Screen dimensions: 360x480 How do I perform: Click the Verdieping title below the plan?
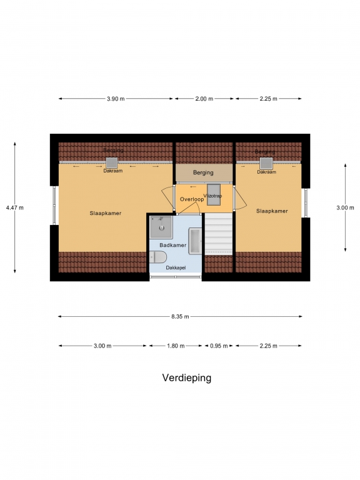tap(186, 377)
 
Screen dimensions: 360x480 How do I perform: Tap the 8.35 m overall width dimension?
tap(180, 316)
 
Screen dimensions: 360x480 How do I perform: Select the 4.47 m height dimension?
tap(15, 207)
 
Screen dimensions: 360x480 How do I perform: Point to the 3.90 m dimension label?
tap(116, 99)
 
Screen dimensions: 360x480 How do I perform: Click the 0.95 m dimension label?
tap(219, 346)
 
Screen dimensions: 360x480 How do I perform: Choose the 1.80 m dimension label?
tap(176, 346)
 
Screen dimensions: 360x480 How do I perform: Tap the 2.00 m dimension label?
tap(204, 99)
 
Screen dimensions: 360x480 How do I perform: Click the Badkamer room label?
tap(173, 245)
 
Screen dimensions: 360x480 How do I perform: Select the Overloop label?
tap(192, 199)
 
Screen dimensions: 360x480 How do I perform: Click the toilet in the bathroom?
tap(158, 257)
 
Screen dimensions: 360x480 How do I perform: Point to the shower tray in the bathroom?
tap(161, 227)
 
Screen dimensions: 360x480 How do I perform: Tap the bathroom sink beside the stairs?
tap(195, 241)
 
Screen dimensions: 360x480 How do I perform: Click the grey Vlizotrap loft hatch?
tap(214, 195)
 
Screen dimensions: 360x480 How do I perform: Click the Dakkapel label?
tap(176, 267)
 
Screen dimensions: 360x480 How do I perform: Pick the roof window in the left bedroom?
tap(112, 163)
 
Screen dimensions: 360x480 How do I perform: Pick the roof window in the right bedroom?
tap(266, 163)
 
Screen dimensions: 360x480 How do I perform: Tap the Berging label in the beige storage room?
tap(203, 172)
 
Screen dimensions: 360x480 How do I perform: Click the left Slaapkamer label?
tap(105, 213)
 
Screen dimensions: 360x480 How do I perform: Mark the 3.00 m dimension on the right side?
tap(345, 207)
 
